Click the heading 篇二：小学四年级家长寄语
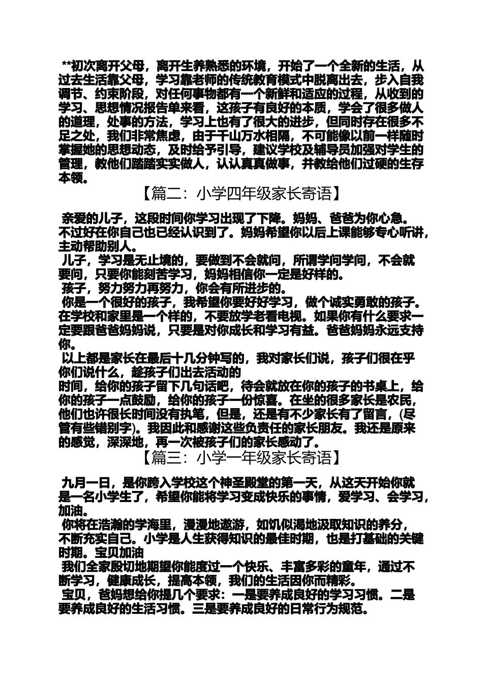point(241,194)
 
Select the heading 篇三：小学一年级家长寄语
point(241,458)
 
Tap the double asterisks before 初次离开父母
point(66,66)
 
